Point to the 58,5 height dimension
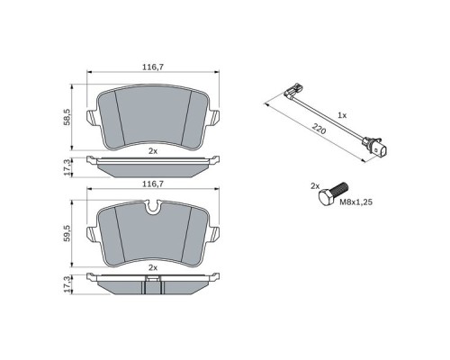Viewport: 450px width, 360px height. [x=67, y=116]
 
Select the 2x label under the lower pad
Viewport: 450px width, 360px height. [x=153, y=268]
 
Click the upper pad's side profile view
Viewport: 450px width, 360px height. [x=153, y=165]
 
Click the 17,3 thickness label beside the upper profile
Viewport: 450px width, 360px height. [x=67, y=167]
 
